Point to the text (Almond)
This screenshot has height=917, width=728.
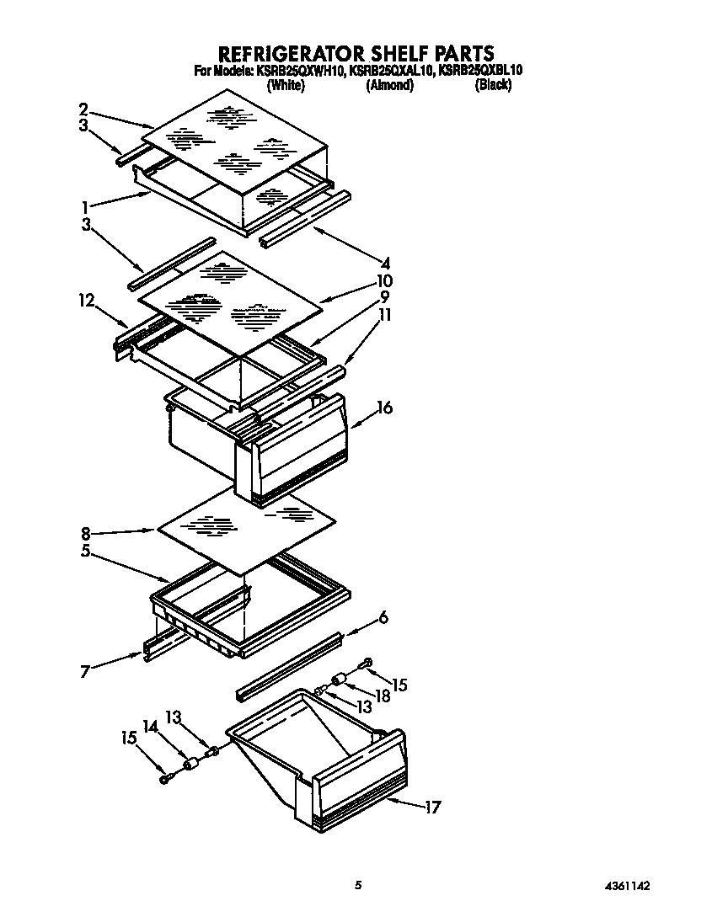pyautogui.click(x=389, y=85)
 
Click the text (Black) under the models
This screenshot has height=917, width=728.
pyautogui.click(x=493, y=85)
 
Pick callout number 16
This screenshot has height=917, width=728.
pyautogui.click(x=384, y=408)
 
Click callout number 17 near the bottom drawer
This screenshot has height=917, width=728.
pyautogui.click(x=432, y=808)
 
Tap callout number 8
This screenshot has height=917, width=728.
pyautogui.click(x=84, y=533)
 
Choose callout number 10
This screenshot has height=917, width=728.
pyautogui.click(x=385, y=280)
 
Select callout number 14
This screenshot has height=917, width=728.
pyautogui.click(x=151, y=725)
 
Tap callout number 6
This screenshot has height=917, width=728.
pyautogui.click(x=384, y=617)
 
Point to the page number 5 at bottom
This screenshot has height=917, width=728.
pyautogui.click(x=358, y=885)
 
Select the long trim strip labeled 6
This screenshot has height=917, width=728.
pyautogui.click(x=291, y=665)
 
